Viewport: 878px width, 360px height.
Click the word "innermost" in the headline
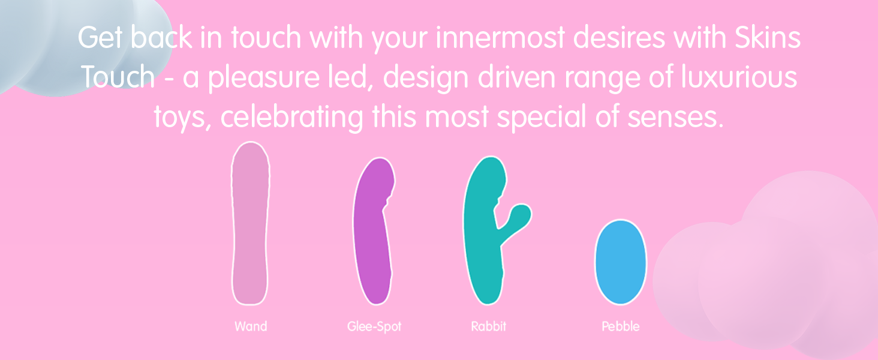click(500, 38)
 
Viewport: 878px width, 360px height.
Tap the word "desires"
click(620, 38)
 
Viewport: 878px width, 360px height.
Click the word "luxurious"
click(739, 76)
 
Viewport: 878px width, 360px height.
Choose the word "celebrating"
click(292, 118)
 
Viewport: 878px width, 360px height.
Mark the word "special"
click(542, 118)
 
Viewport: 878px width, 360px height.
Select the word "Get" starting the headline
click(100, 37)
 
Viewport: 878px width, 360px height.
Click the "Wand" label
click(251, 326)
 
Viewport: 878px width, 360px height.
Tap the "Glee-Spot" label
click(374, 326)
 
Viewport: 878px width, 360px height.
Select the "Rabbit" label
click(488, 326)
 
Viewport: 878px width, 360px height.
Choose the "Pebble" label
click(621, 326)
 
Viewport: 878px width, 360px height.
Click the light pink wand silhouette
click(251, 224)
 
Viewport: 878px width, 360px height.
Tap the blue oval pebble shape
click(621, 262)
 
